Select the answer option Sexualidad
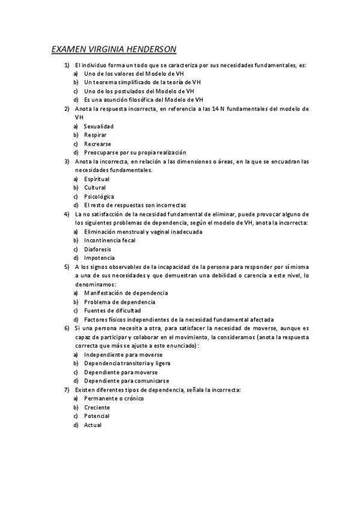point(99,126)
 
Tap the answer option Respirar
point(96,135)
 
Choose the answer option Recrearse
point(97,144)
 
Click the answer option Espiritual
point(97,179)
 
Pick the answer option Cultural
point(95,188)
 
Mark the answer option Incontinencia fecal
point(110,240)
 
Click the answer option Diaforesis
point(97,249)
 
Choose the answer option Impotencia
point(99,257)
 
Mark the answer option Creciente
point(97,407)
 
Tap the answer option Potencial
point(97,416)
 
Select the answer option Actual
point(93,425)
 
